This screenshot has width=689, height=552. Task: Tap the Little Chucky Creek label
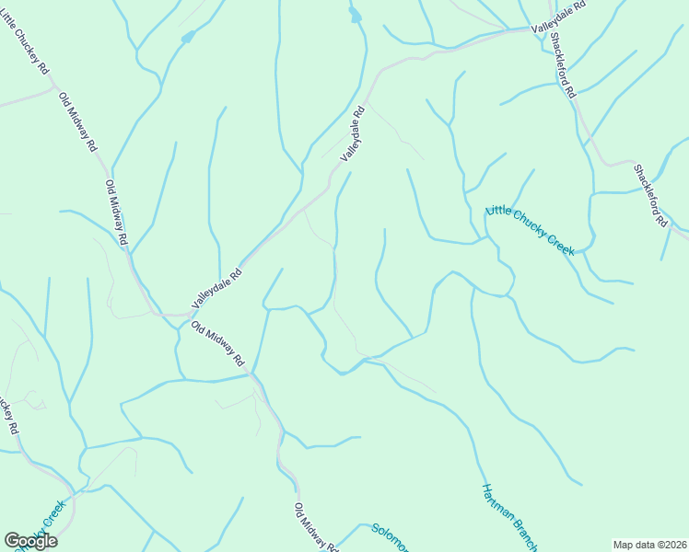coord(529,231)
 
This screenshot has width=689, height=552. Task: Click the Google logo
coord(30,541)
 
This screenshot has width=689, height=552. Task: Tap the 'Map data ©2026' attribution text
coord(648,544)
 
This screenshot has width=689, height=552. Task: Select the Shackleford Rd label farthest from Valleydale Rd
coord(649,195)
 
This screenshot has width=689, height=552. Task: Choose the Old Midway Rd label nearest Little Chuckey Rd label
coord(77,121)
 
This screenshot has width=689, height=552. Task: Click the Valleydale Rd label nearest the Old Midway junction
coord(217,287)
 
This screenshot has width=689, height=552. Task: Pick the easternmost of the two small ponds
coord(355,15)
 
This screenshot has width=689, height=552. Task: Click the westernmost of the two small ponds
coord(188,38)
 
